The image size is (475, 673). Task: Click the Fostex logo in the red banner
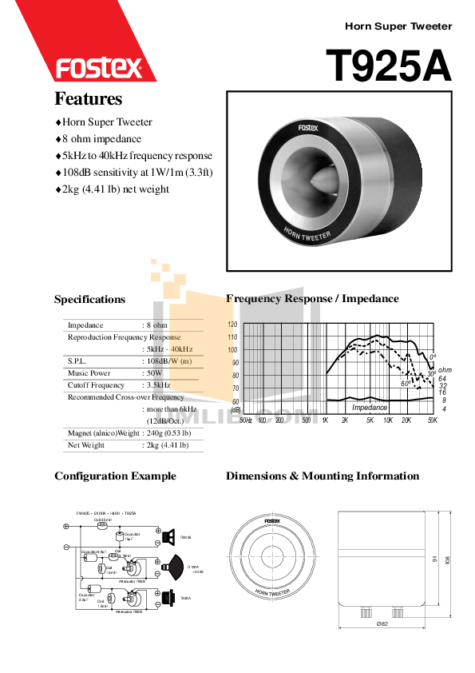point(98,67)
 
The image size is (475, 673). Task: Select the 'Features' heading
point(88,99)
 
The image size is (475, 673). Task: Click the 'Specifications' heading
point(89,300)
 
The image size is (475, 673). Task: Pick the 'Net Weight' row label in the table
point(86,445)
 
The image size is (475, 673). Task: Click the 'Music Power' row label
point(89,373)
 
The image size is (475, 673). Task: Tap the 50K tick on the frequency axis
point(432,420)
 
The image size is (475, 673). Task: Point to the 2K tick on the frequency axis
point(346,420)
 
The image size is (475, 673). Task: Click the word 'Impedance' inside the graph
point(370,408)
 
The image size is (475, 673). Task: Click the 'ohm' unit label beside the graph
point(445,369)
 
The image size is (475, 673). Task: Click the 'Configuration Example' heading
point(115,476)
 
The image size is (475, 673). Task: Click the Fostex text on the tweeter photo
point(307,128)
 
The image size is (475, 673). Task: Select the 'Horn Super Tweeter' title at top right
point(398,26)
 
